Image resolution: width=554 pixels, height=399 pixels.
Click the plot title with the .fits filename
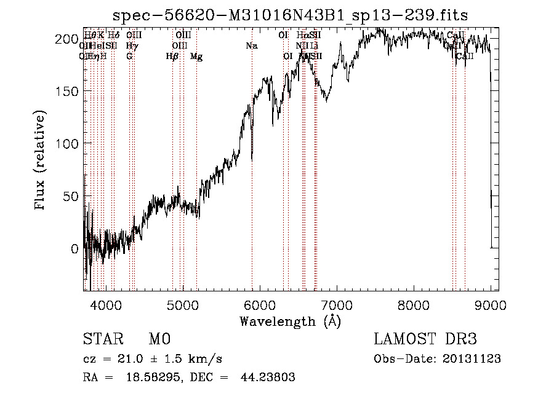[295, 15]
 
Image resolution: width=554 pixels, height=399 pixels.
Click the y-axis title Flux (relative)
[41, 161]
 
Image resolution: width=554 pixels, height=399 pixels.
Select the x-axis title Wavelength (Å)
[290, 321]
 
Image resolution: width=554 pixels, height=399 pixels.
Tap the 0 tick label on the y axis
[74, 248]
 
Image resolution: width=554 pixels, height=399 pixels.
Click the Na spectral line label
[251, 46]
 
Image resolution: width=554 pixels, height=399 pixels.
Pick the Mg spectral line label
[196, 57]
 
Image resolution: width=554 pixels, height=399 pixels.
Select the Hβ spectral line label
[172, 57]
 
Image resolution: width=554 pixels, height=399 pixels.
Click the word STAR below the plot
[101, 339]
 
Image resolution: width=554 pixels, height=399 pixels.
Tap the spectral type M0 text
[159, 339]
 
